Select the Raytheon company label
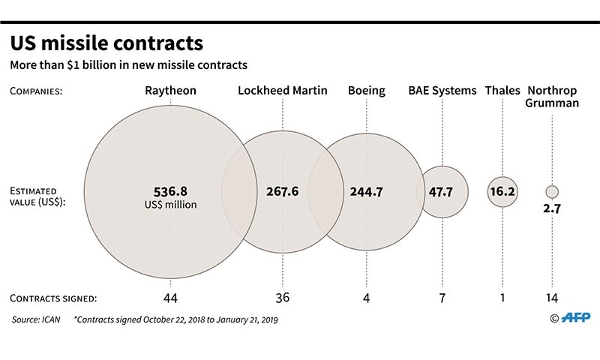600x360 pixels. coord(171,91)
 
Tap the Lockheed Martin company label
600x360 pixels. coord(283,91)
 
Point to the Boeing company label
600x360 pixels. coord(367,91)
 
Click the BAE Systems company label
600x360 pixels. coord(442,91)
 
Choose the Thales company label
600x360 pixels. coord(502,91)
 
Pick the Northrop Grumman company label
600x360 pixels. coord(552,97)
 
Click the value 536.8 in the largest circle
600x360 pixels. coord(171,190)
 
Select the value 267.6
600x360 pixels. coord(283,191)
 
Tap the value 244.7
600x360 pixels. coord(367,191)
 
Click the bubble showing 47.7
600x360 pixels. coord(442,191)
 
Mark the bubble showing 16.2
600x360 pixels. coord(502,191)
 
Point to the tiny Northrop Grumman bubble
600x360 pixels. coord(552,191)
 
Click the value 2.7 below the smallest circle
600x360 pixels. coord(552,209)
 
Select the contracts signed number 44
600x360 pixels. coord(171,298)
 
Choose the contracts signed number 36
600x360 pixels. coord(283,298)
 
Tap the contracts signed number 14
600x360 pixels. coord(552,298)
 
